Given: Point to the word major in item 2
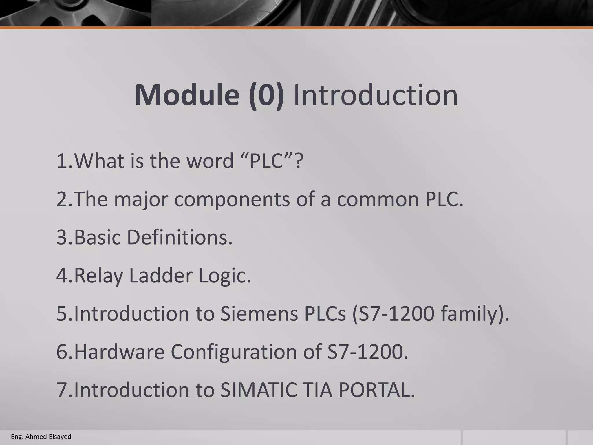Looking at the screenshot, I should click(141, 199).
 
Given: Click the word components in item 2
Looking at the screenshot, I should click(232, 199).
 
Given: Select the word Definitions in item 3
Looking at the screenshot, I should click(180, 237).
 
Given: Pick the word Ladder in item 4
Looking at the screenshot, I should click(160, 276).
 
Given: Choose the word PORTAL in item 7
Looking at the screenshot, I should click(376, 390).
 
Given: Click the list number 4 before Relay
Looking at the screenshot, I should click(62, 276).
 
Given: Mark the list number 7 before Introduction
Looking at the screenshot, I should click(62, 390).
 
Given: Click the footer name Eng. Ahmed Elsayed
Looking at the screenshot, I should click(41, 437).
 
